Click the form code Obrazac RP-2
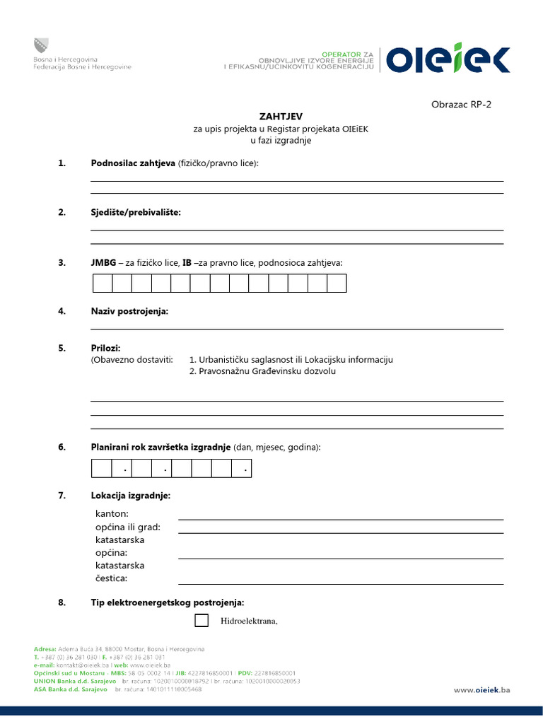460,105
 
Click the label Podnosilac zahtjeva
133,163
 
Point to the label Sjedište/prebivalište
136,212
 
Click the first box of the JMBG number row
103,284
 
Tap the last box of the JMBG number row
337,284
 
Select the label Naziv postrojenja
129,311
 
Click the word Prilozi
105,348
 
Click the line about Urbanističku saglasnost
291,359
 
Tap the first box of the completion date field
102,468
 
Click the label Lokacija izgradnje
131,496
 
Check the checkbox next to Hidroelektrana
202,621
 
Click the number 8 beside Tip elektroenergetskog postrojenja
62,602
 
